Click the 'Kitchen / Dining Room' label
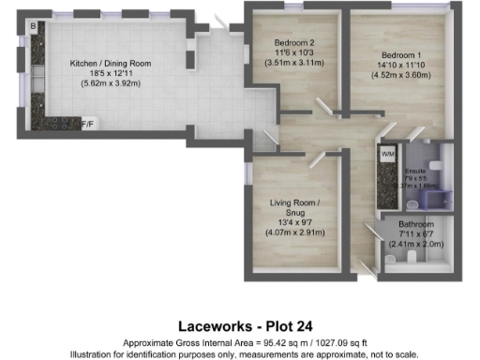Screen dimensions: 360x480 click(112, 63)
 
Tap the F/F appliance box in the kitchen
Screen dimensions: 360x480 click(87, 124)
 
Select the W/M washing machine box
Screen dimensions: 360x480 click(387, 152)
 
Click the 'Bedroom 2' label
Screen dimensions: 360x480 click(293, 43)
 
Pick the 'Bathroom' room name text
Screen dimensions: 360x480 click(415, 225)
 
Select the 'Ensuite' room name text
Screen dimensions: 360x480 click(415, 171)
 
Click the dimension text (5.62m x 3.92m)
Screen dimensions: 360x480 click(112, 82)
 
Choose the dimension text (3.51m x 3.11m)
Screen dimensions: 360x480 click(293, 63)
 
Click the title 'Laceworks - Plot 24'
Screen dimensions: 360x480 click(239, 326)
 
